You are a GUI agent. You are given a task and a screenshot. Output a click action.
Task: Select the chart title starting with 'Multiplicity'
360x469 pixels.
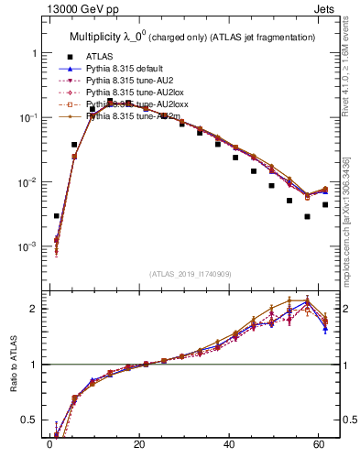pos(192,37)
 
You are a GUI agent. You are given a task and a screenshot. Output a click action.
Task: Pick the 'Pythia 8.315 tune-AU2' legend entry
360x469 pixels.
pos(129,81)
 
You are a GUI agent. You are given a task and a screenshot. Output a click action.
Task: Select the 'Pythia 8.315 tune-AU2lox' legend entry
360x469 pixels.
pos(133,93)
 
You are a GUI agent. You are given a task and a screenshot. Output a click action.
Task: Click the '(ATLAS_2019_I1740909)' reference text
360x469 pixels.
pos(191,274)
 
